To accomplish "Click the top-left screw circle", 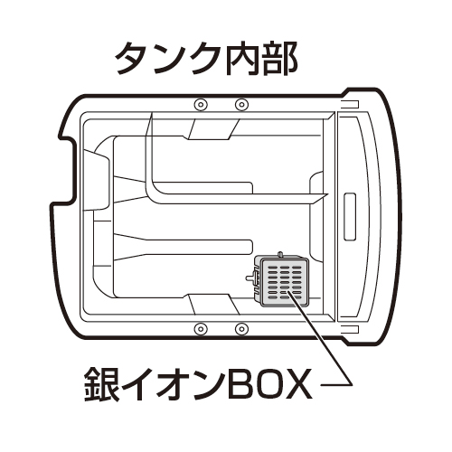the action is (x=200, y=104).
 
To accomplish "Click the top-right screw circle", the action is (x=241, y=104).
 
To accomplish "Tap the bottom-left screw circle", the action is (x=200, y=328).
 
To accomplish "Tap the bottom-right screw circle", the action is (x=241, y=328).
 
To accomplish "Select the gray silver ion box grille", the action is (x=284, y=281).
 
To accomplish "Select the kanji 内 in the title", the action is (x=243, y=59).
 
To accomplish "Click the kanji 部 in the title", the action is (x=279, y=59).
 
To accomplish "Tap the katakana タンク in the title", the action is (x=171, y=59).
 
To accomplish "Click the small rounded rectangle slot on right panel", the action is (x=350, y=216).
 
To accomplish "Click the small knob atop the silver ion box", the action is (x=280, y=254).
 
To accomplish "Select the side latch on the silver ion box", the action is (x=252, y=277).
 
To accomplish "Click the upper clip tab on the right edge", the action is (x=350, y=104).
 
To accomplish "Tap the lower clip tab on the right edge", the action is (x=350, y=329).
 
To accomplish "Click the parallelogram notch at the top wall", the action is (x=213, y=129).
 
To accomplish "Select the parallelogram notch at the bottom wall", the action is (x=213, y=304).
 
